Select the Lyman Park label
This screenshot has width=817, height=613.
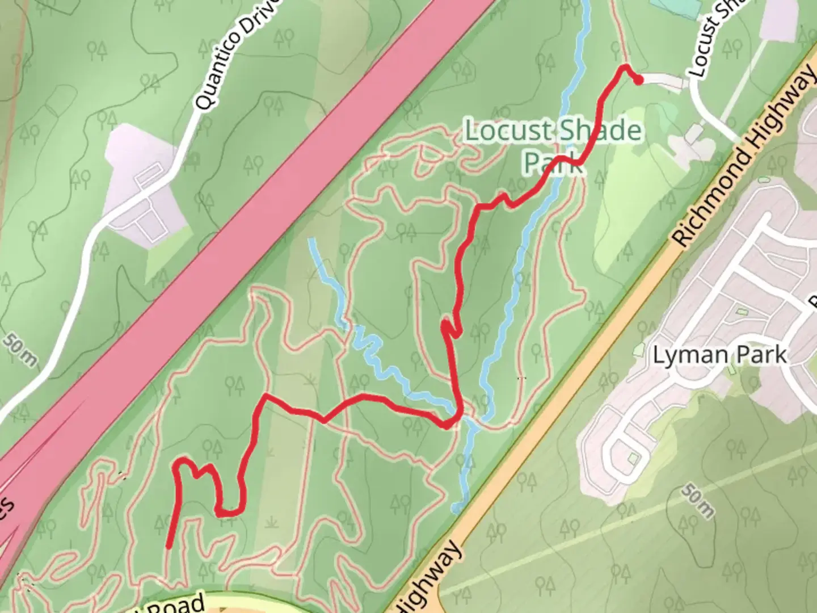coord(719,355)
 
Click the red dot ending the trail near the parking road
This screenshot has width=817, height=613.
coord(638,81)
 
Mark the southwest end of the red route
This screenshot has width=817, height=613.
coord(169,547)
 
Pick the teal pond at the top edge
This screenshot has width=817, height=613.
coord(675,7)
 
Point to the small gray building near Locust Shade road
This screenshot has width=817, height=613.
coord(693,134)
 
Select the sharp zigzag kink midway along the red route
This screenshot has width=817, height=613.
coord(449,328)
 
